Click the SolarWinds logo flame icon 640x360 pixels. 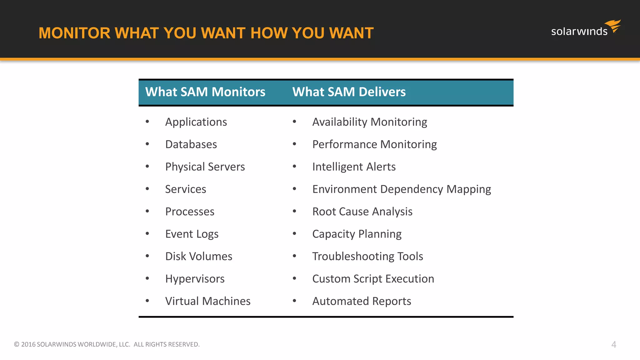coord(613,26)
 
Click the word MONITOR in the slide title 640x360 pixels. coord(74,33)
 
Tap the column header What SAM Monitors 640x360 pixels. coord(205,92)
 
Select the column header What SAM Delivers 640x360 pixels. coord(349,92)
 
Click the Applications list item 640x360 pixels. coord(196,122)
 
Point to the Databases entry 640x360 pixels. coord(191,144)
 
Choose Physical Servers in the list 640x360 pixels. coord(205,167)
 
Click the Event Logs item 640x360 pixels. coord(192,234)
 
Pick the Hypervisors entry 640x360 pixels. coord(195,279)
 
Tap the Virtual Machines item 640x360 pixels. coord(208,301)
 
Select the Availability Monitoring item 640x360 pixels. coord(369,122)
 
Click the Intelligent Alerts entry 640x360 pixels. coord(354,167)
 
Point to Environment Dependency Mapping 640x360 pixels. coord(402,189)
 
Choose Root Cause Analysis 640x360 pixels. coord(362,212)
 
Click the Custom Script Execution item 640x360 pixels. coord(373,279)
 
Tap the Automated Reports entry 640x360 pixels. coord(362,301)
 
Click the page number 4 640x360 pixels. coord(613,344)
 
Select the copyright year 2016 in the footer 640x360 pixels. coord(28,344)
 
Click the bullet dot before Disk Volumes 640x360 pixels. coord(147,256)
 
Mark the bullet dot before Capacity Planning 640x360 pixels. coord(294,233)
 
